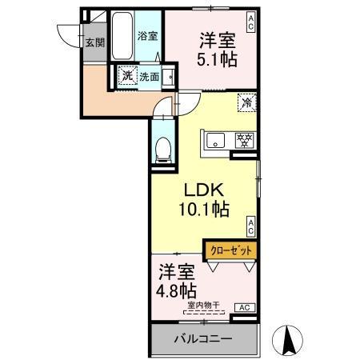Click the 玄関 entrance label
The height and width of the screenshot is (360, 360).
coord(95,42)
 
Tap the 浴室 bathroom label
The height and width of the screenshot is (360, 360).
coord(146,36)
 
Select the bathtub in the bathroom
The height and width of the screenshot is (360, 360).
coord(122,36)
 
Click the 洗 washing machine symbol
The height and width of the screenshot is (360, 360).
coord(127,76)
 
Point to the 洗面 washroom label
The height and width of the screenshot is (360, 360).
coord(149,77)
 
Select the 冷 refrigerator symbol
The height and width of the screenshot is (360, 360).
coord(248,102)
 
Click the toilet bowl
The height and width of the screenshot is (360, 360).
coord(162,147)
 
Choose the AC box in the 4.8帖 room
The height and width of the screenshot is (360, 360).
coord(244,306)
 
